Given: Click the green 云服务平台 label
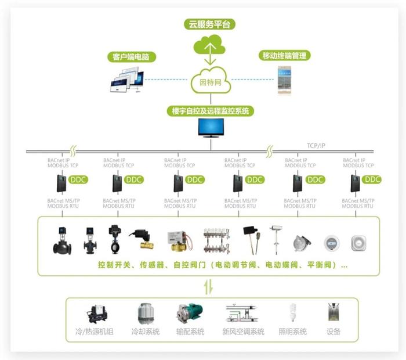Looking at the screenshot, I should [210, 24].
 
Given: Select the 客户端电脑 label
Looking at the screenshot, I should [132, 57].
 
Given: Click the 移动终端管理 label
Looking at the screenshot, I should [284, 56].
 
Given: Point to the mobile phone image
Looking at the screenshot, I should [284, 80].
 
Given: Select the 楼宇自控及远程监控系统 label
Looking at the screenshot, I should [210, 111].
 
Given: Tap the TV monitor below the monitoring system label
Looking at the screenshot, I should [210, 128].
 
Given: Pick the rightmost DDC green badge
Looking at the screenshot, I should [372, 180].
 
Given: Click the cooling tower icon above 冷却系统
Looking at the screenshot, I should [145, 314].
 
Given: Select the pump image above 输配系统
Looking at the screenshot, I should [190, 314].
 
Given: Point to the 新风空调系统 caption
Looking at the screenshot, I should [243, 332].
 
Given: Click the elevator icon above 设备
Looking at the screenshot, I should [333, 314].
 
